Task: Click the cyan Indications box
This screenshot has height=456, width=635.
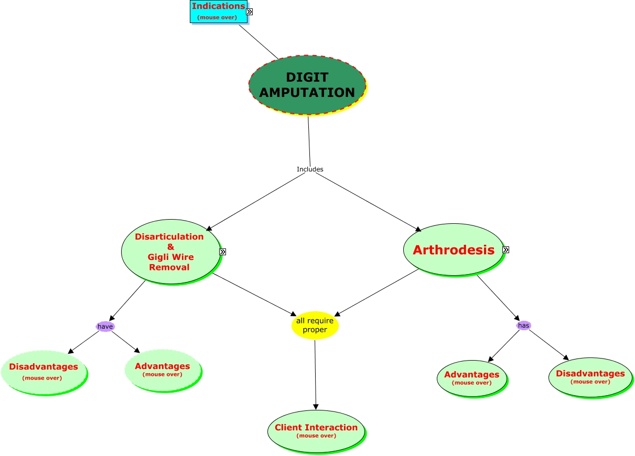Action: tap(219, 12)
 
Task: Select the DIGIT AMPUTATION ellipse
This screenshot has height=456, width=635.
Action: tap(307, 85)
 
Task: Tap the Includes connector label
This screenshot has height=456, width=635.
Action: tap(310, 169)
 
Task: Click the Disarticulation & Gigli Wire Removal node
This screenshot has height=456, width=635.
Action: tap(170, 252)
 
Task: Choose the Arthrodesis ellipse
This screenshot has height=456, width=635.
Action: tap(453, 249)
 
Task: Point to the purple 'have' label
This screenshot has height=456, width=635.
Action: tap(105, 327)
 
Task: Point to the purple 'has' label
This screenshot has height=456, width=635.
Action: tap(523, 325)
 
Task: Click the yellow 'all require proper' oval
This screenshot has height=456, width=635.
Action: tap(315, 325)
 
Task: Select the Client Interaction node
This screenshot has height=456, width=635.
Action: tap(316, 431)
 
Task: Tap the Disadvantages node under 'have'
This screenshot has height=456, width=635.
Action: tap(44, 372)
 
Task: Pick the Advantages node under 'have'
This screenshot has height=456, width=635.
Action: tap(163, 370)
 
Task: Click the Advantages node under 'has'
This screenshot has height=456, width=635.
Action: tap(472, 378)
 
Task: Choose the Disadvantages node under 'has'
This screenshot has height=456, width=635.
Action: tap(590, 377)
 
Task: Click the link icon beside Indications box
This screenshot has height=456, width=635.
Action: tap(249, 12)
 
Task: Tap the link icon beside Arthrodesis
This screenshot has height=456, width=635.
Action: tap(505, 249)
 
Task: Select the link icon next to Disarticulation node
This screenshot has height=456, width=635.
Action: tap(223, 252)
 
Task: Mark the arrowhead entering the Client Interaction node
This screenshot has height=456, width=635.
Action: tap(316, 407)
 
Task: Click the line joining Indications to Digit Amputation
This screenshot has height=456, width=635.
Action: tap(259, 42)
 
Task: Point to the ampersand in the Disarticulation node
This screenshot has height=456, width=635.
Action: tap(170, 247)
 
